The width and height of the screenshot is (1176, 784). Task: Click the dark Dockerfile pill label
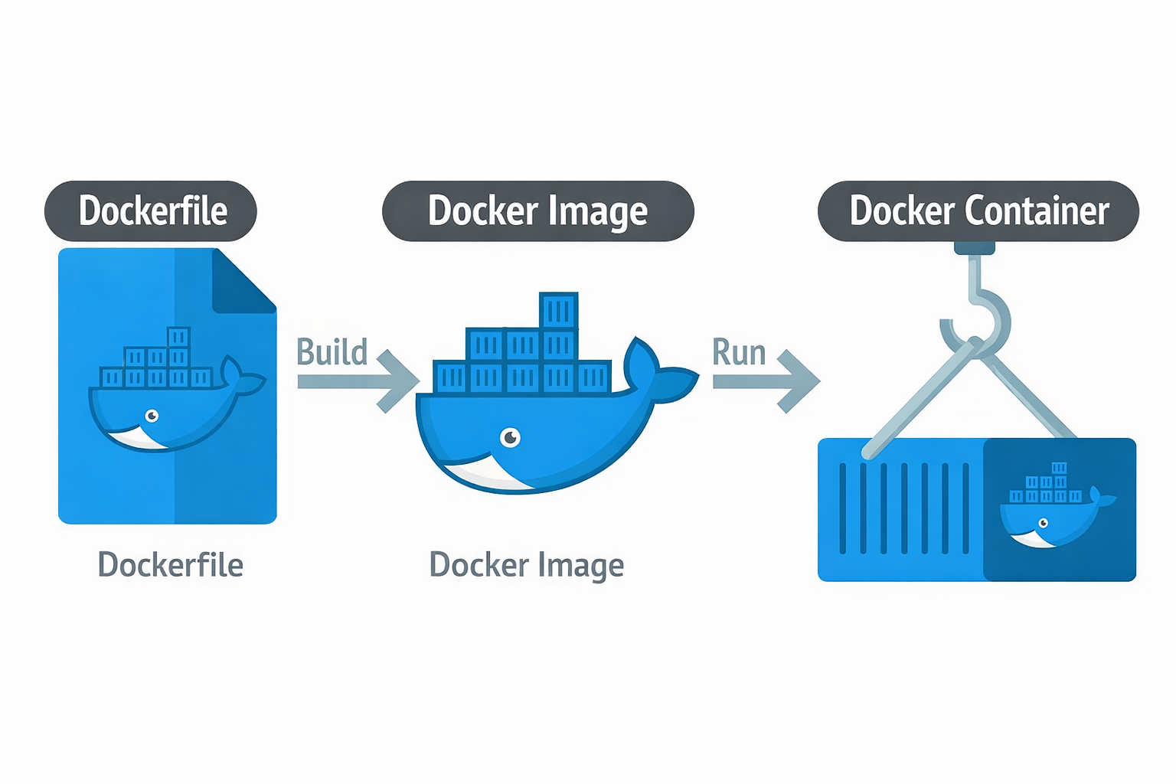tap(151, 211)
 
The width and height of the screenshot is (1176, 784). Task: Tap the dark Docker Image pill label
tap(537, 211)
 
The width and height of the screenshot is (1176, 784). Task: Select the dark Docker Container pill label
tap(978, 211)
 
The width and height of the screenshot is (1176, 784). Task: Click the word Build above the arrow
tap(332, 352)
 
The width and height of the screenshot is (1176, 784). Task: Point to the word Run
tap(738, 352)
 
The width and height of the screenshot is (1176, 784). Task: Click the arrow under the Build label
tap(358, 381)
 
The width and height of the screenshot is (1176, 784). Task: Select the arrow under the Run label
tap(766, 381)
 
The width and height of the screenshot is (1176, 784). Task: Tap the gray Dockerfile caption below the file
tap(170, 565)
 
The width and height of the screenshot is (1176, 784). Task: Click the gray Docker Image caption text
tap(526, 565)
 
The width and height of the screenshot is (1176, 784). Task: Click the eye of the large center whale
tap(510, 437)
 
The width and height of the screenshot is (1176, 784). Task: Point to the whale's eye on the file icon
tap(152, 416)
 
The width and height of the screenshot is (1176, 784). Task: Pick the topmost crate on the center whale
tap(558, 311)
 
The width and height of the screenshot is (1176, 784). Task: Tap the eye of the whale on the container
tap(1043, 524)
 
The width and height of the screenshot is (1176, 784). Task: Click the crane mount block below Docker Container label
tap(975, 248)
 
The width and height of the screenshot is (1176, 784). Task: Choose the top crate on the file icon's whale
tap(178, 337)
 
